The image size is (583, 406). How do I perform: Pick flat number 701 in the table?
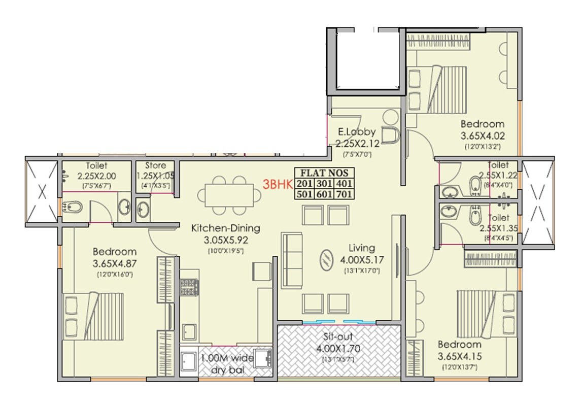pos(345,194)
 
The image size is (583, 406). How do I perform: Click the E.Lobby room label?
pos(357,132)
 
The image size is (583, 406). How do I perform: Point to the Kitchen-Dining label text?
pos(225,228)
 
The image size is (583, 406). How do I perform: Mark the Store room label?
pos(155,165)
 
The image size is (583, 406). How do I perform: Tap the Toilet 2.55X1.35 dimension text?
pos(498,228)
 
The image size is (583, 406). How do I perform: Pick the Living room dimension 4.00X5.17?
pos(362,259)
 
